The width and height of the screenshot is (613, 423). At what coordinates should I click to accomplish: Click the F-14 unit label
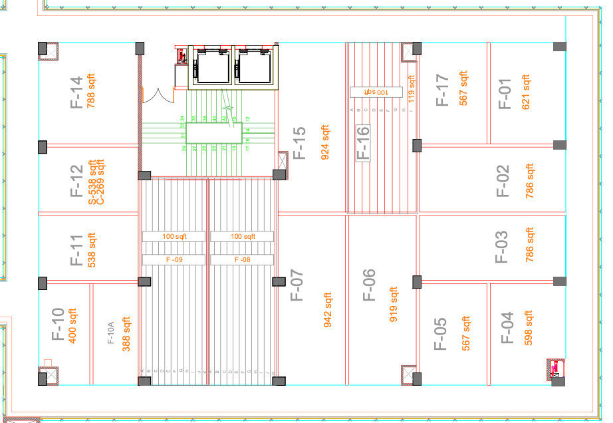76,92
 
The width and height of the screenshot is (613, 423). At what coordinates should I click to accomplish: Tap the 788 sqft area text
92,92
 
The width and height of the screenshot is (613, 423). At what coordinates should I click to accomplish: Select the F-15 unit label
299,144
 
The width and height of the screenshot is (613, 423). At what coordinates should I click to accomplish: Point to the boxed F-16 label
363,144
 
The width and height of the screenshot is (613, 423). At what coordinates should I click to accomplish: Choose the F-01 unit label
505,93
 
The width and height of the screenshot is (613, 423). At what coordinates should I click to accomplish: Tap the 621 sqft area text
527,93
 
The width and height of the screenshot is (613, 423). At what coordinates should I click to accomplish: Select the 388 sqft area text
126,334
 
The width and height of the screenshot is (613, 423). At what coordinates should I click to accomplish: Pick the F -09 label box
174,259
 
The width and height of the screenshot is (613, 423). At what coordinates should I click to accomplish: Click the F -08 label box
242,259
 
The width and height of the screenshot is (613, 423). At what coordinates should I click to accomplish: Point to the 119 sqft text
412,88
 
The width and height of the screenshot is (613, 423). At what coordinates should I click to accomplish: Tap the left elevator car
211,67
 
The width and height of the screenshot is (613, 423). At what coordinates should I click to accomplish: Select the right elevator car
255,67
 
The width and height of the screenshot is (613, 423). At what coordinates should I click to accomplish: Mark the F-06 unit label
369,285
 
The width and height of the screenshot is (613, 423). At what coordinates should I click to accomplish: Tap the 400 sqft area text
73,325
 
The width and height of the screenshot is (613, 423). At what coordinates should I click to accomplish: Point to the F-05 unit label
441,334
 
